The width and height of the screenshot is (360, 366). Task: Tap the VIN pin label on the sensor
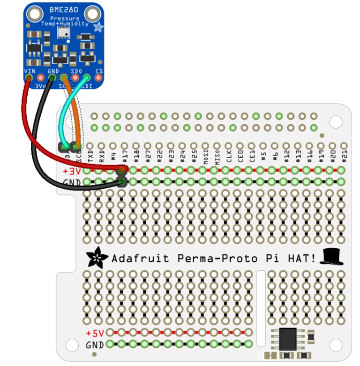click(29, 70)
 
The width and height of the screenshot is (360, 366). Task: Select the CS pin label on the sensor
click(98, 71)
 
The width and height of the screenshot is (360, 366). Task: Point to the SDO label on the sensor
click(75, 70)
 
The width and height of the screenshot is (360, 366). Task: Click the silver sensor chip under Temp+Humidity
click(63, 32)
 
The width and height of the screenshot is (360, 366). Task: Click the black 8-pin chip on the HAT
click(288, 339)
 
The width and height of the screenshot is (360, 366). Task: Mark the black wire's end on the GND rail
click(122, 182)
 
